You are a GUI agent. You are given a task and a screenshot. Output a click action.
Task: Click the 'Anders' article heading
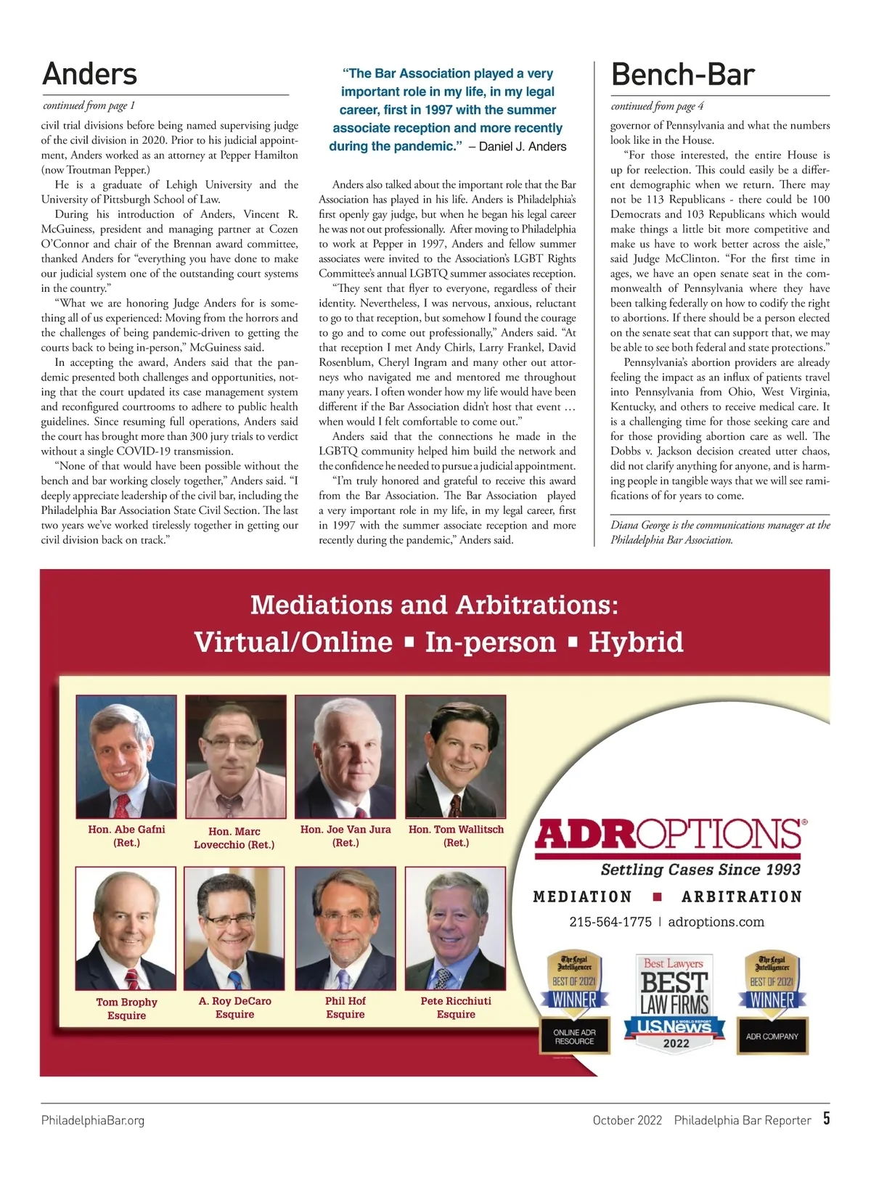pyautogui.click(x=89, y=74)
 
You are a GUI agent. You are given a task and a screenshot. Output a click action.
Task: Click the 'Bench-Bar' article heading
pyautogui.click(x=682, y=75)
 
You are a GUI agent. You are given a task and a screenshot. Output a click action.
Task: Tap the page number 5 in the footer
pyautogui.click(x=826, y=1118)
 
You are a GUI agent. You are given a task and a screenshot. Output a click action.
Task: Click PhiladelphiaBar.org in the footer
pyautogui.click(x=93, y=1120)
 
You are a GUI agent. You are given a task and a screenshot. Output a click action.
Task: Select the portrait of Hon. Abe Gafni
pyautogui.click(x=126, y=756)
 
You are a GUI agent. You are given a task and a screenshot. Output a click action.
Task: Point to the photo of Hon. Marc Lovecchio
pyautogui.click(x=235, y=756)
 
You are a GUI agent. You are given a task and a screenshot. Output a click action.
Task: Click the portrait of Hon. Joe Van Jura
pyautogui.click(x=345, y=756)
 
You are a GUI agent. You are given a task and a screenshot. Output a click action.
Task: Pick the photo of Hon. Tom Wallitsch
pyautogui.click(x=455, y=756)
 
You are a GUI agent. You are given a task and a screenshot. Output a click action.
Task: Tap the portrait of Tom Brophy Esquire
pyautogui.click(x=126, y=928)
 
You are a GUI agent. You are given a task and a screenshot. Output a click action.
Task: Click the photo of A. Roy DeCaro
pyautogui.click(x=234, y=928)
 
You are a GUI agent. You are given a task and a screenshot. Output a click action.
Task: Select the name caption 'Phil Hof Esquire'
pyautogui.click(x=345, y=1008)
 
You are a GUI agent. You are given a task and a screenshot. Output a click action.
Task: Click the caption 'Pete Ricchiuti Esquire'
pyautogui.click(x=456, y=1008)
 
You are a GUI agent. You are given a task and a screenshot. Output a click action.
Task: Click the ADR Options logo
pyautogui.click(x=669, y=835)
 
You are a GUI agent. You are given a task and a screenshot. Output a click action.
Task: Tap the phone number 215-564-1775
pyautogui.click(x=610, y=922)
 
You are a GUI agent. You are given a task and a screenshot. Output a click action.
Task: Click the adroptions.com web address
pyautogui.click(x=716, y=922)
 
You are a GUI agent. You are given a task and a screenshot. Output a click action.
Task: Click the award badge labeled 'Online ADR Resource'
pyautogui.click(x=575, y=1003)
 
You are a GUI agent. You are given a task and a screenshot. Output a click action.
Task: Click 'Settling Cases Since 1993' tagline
pyautogui.click(x=700, y=870)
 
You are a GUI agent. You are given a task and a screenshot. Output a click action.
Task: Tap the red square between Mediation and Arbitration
pyautogui.click(x=658, y=897)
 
